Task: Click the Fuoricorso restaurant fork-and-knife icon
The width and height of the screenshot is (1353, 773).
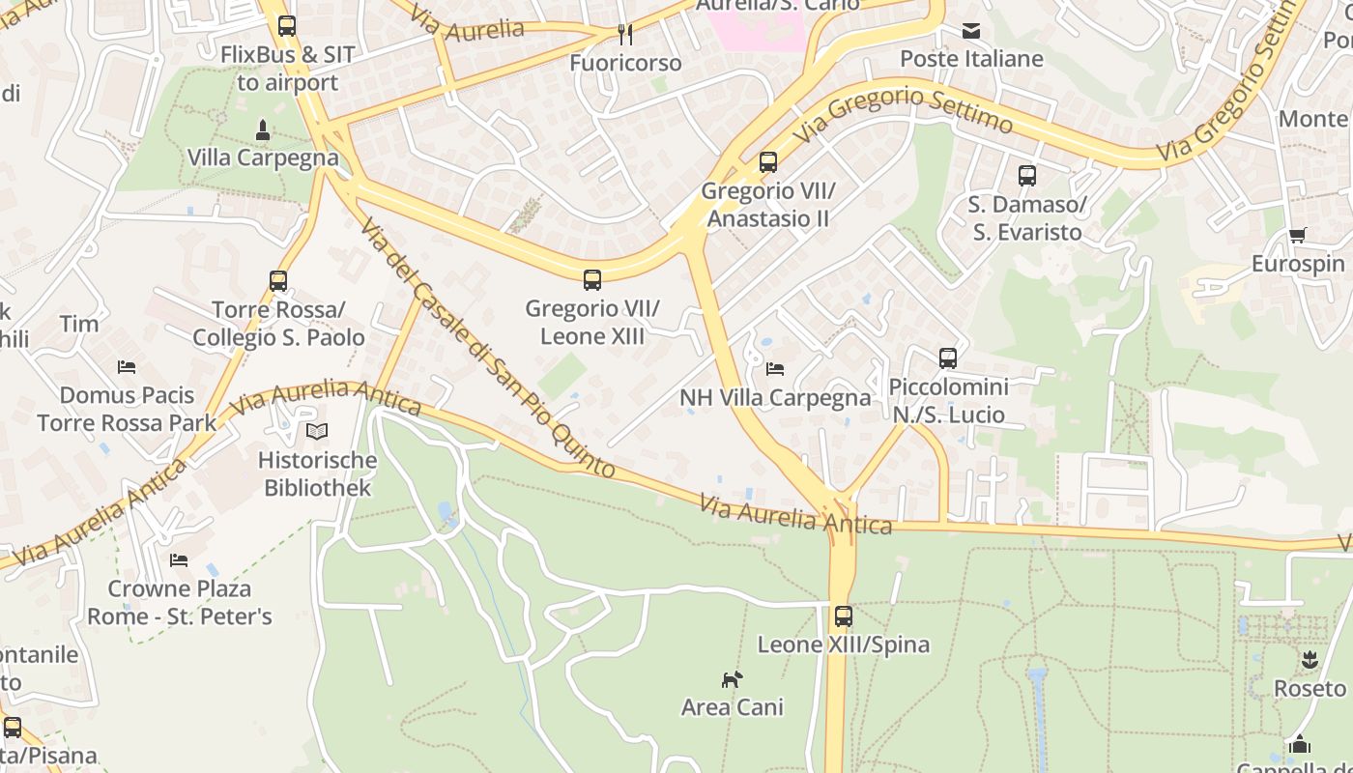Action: click(x=625, y=35)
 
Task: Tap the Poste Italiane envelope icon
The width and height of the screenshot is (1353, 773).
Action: click(x=971, y=31)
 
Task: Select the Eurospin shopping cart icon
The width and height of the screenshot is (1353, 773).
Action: click(x=1297, y=236)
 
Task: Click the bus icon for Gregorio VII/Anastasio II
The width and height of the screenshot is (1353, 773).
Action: click(x=768, y=162)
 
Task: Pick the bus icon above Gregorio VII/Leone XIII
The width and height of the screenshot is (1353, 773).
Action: click(x=592, y=280)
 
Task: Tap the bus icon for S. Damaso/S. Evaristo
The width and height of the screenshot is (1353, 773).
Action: click(x=1027, y=176)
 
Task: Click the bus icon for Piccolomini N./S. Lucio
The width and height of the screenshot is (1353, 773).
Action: click(x=948, y=358)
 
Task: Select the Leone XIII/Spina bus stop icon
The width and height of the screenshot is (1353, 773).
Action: click(x=844, y=616)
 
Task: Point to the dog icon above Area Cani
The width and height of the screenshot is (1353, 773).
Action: click(x=732, y=679)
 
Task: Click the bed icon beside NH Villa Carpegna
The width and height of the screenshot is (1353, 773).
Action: click(x=775, y=368)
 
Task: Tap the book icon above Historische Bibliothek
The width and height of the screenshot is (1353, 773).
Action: click(x=317, y=432)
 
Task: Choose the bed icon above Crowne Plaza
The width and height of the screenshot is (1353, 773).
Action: click(x=179, y=560)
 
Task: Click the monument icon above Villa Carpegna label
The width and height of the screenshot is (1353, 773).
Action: click(x=262, y=129)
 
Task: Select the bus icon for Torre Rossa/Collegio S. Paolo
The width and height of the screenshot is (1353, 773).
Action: click(x=278, y=281)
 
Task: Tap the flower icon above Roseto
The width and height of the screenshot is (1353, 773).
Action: click(x=1310, y=660)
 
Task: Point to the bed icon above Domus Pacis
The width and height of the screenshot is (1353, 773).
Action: click(x=127, y=367)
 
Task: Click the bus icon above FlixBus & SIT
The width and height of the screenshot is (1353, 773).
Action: click(x=287, y=26)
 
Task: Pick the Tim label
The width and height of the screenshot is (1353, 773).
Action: click(x=79, y=324)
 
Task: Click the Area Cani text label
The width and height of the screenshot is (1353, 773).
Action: click(x=732, y=707)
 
